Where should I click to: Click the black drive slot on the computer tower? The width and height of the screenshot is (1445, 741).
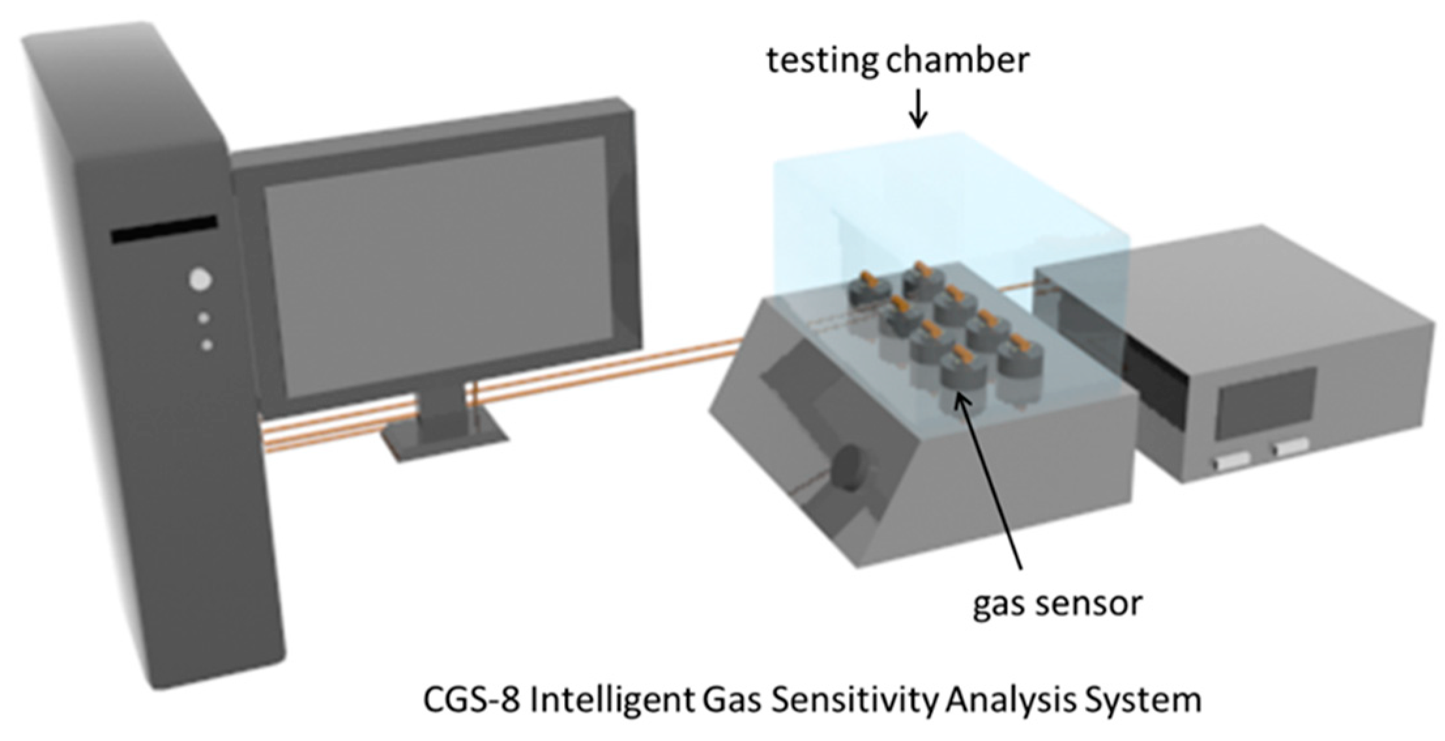(x=164, y=229)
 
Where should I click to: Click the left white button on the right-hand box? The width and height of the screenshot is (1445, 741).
(x=1232, y=460)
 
